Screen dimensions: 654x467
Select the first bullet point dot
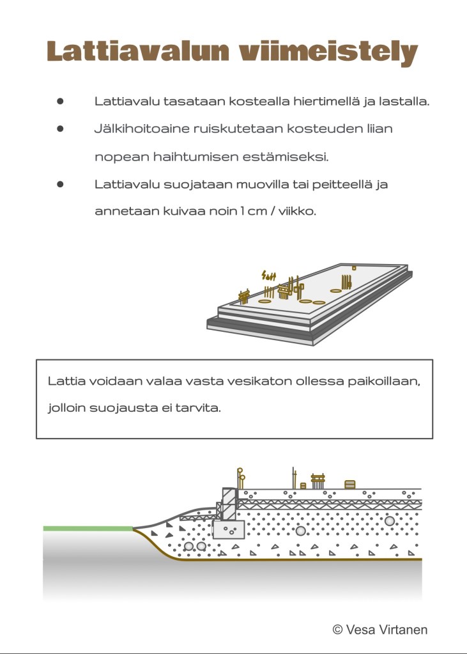click(x=61, y=101)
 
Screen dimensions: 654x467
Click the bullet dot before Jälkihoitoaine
click(x=61, y=128)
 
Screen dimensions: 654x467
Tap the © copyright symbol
click(x=338, y=630)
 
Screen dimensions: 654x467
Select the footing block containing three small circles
click(x=229, y=529)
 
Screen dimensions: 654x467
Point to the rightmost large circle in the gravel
click(x=389, y=521)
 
